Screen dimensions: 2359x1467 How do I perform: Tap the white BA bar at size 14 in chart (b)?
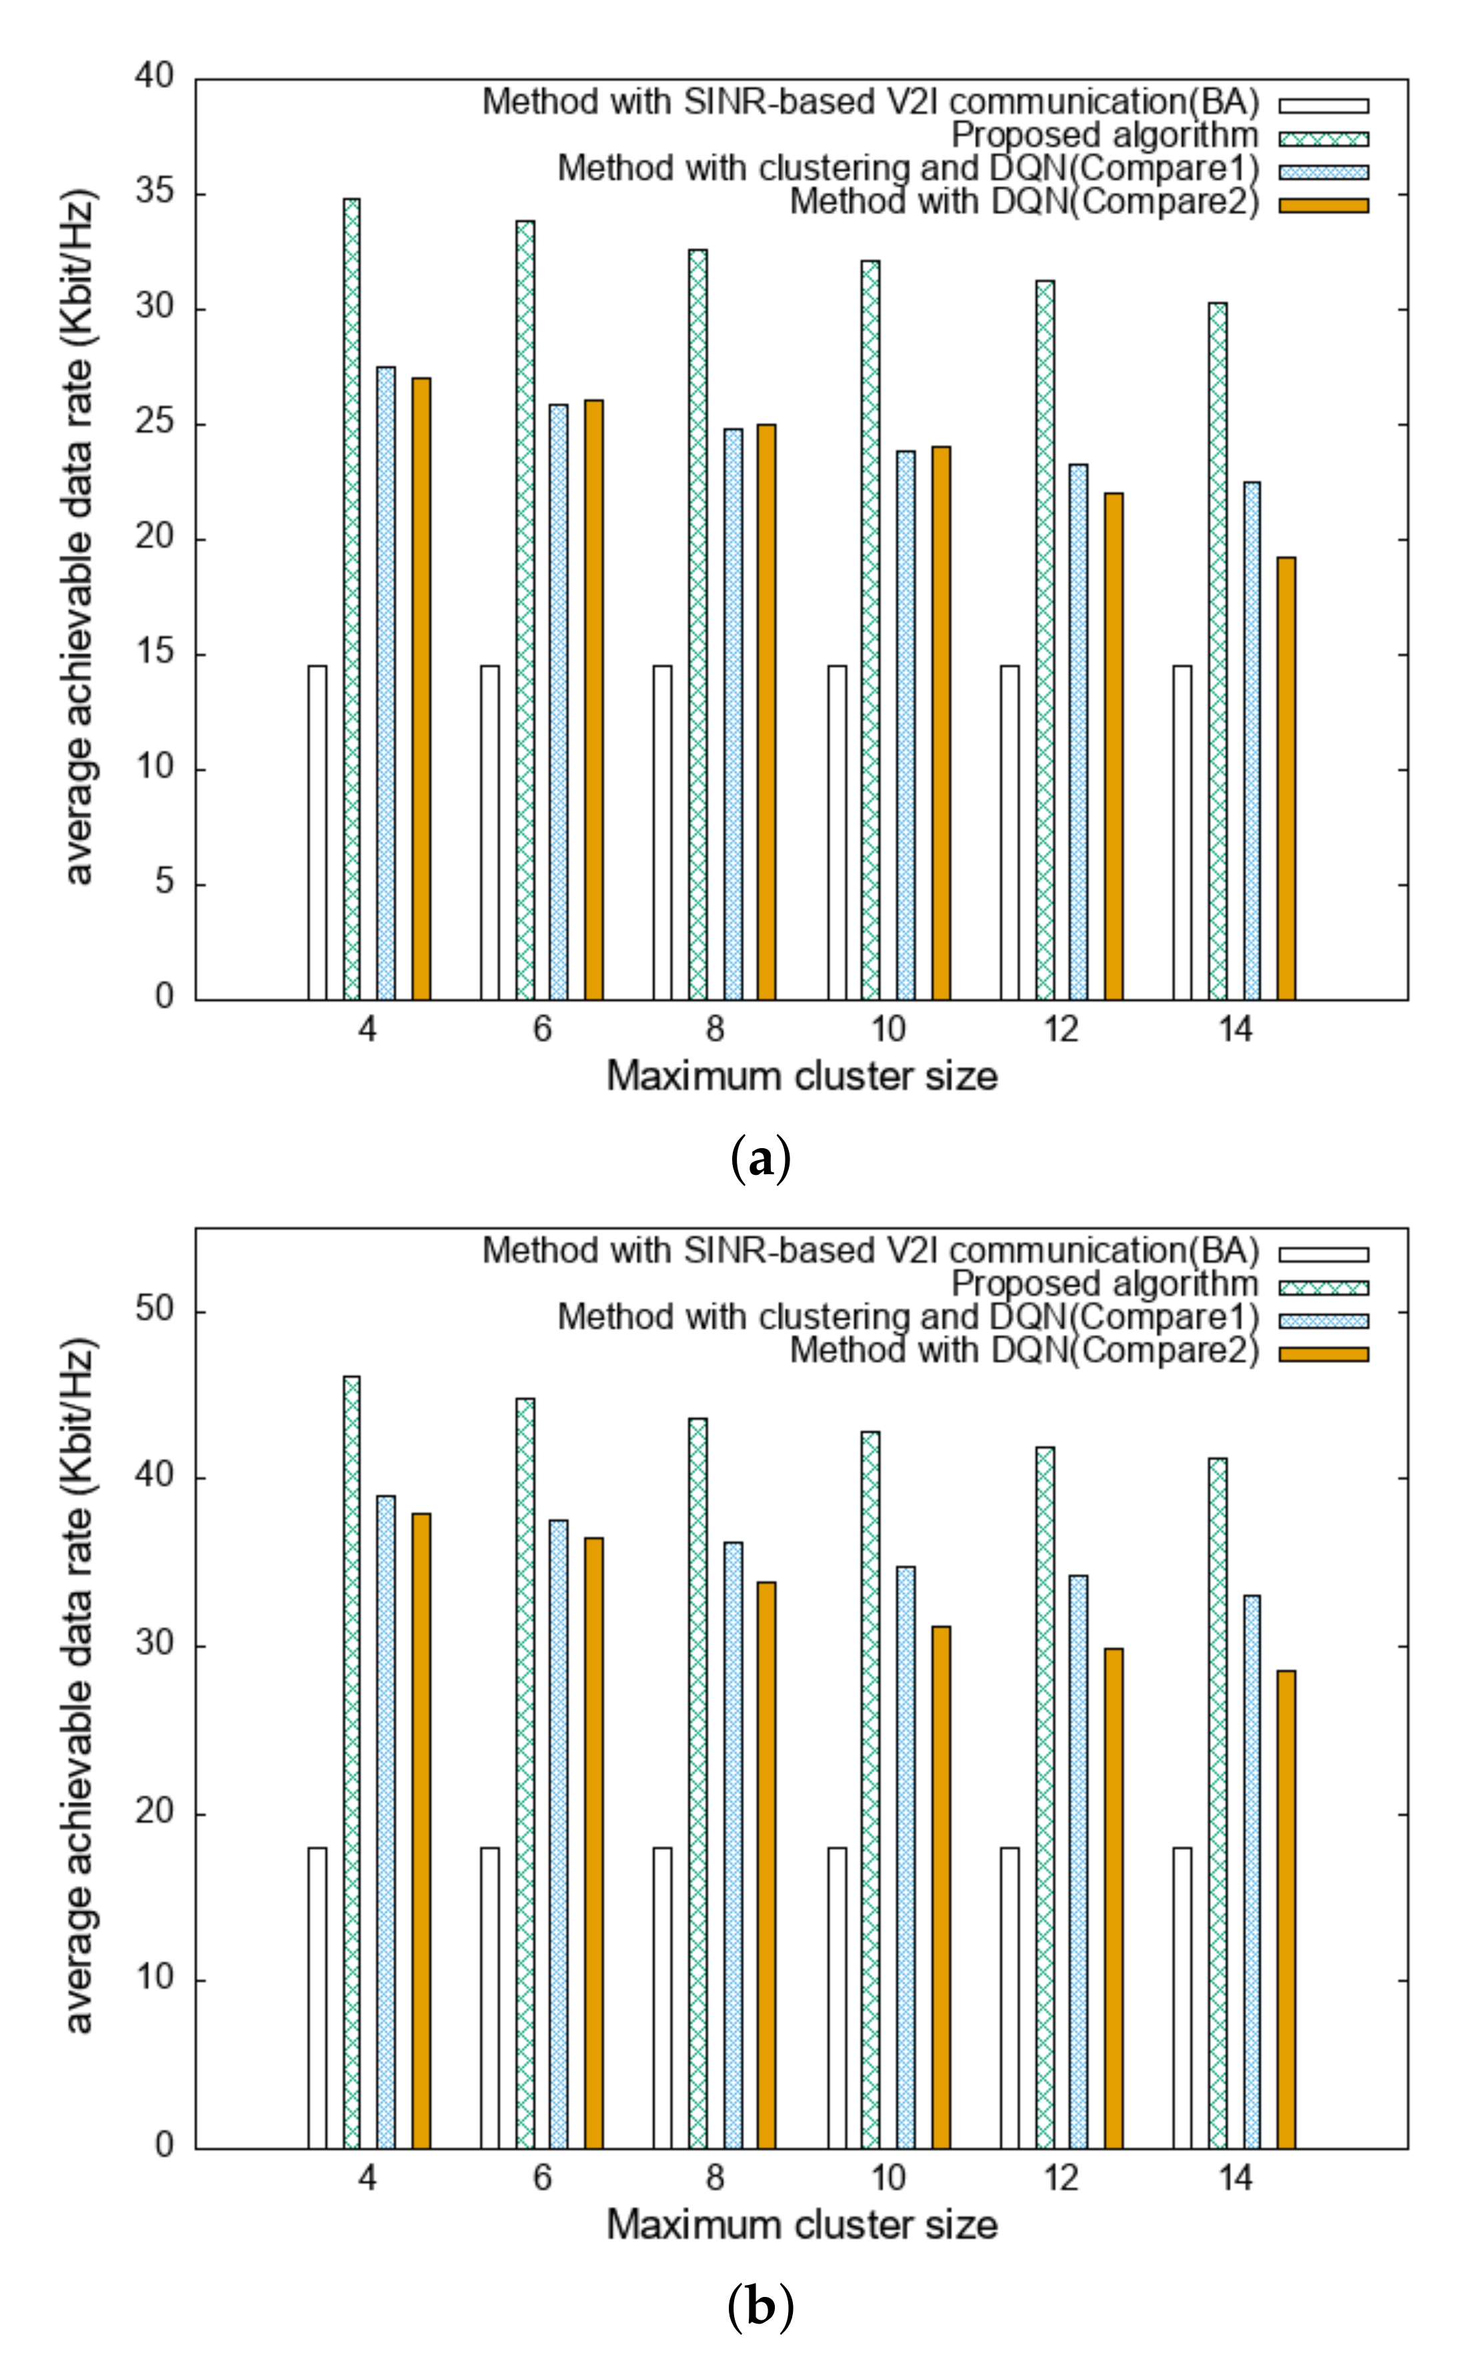tap(1182, 1998)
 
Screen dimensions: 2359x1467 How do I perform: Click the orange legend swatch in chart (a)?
tap(1324, 205)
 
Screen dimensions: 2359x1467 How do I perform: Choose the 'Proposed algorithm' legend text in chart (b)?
tap(1104, 1284)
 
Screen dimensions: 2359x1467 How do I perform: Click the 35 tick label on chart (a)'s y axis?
tap(154, 192)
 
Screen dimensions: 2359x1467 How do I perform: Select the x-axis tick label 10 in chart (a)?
tap(888, 1029)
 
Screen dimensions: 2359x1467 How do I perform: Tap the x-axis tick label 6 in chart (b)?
tap(542, 2178)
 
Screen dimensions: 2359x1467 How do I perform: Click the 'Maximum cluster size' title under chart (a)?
tap(802, 1076)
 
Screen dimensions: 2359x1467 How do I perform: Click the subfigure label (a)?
tap(760, 1159)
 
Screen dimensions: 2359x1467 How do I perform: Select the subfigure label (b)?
tap(760, 2308)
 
